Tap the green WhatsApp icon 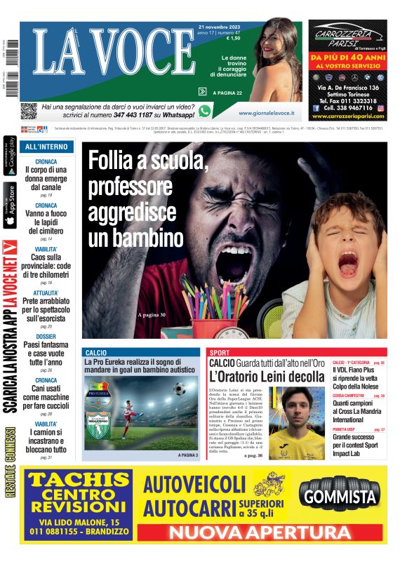(205, 111)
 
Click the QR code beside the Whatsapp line (29, 111)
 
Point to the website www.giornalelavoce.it (266, 113)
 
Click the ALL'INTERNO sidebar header (46, 147)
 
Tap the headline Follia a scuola (148, 163)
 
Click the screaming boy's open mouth (347, 264)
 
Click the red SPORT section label (220, 352)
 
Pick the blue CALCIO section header (95, 352)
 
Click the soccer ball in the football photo (180, 388)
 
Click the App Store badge (10, 206)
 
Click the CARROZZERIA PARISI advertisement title (347, 36)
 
